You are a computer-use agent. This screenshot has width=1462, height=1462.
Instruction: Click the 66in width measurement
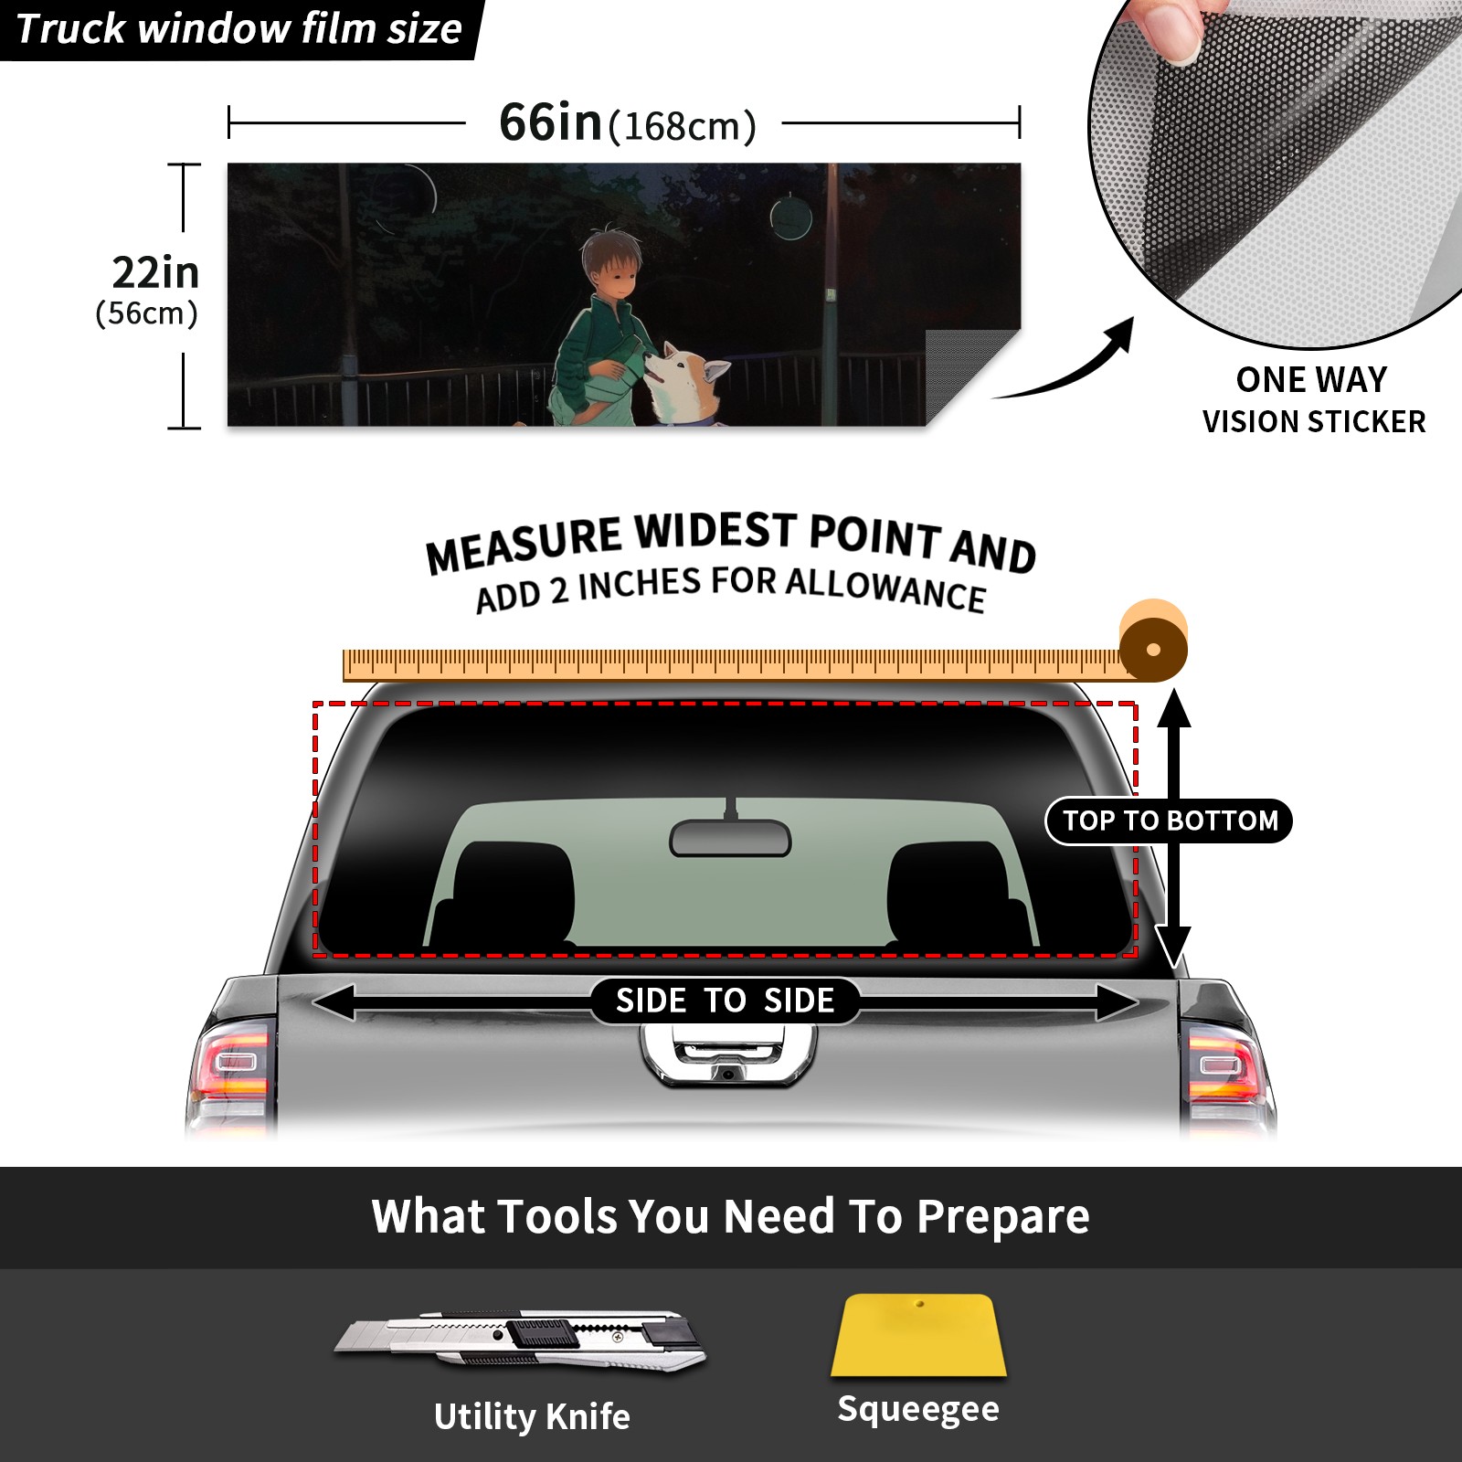pos(551,122)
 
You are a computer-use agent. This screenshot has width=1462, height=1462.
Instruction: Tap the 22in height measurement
pos(155,272)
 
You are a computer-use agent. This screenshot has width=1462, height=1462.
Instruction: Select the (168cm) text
pos(683,126)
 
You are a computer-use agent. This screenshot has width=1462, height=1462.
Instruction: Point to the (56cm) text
pos(147,313)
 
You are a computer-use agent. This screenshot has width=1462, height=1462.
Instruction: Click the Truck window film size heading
pos(238,29)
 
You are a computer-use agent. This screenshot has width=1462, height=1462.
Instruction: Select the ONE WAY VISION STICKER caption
pos(1313,400)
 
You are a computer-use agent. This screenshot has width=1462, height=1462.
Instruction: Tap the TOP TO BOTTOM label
pos(1170,821)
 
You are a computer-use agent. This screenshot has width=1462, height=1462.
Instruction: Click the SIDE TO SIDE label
pos(725,1001)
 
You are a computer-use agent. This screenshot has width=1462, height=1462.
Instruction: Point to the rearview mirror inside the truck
pos(730,837)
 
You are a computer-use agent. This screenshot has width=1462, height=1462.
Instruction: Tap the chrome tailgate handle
pos(728,1055)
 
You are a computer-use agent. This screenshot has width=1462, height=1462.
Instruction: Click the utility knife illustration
pos(519,1341)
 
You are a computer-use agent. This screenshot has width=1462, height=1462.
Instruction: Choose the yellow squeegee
pos(918,1335)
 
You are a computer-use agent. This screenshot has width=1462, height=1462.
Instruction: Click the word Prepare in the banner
pos(1002,1216)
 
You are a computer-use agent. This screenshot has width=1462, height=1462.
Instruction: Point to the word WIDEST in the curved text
pos(715,532)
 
